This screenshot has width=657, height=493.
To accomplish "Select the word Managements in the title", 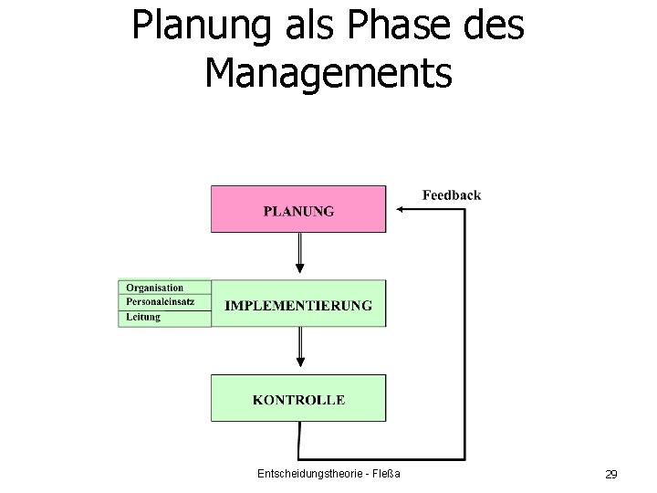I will click(328, 73).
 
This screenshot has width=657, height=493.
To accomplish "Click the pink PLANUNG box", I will click(298, 210).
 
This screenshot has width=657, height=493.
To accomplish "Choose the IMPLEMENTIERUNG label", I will click(298, 305).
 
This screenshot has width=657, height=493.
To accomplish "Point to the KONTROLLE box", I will click(298, 400).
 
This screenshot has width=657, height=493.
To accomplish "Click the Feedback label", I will click(452, 194).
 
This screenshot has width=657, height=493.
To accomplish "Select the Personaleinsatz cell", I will click(164, 302).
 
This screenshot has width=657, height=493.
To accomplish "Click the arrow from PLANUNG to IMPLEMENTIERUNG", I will click(299, 251).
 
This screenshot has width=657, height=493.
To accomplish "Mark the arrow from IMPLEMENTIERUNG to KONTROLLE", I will click(299, 347).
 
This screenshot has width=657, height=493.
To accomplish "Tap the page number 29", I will click(611, 474).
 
